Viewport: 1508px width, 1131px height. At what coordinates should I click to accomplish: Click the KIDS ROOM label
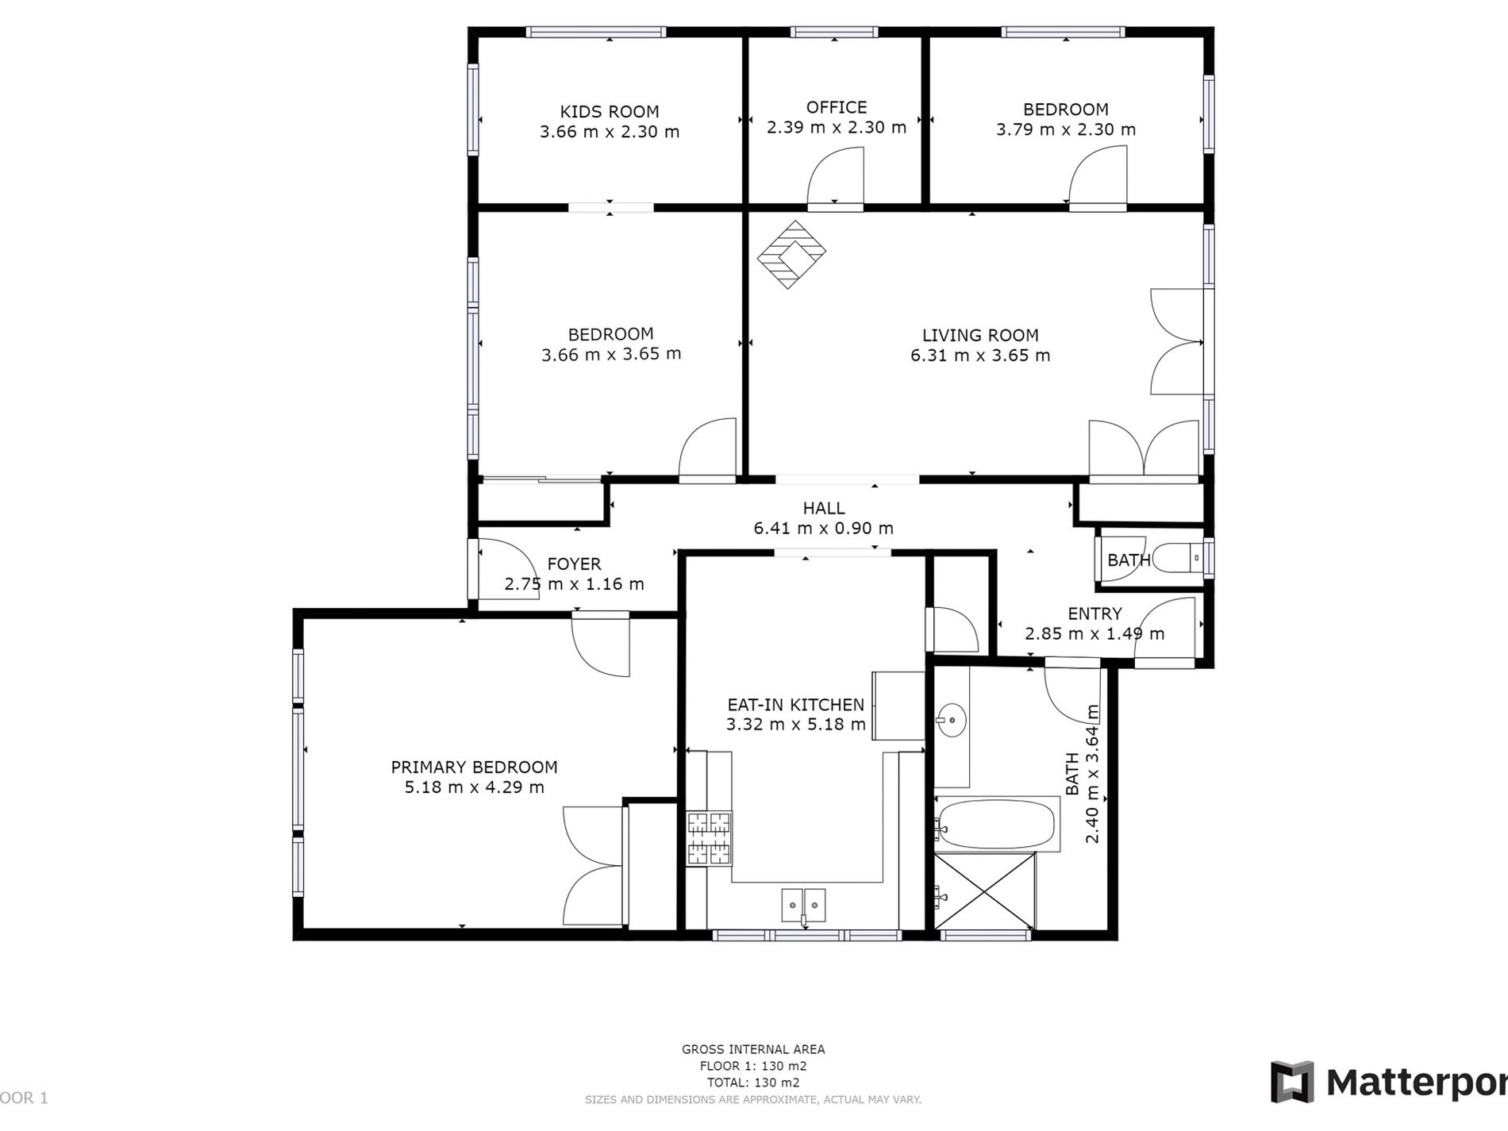pos(610,112)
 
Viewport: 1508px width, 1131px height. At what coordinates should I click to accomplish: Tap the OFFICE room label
pos(837,107)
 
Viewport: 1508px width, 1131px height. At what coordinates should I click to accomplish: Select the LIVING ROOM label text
pos(980,336)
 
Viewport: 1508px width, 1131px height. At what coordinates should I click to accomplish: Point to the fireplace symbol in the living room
pos(791,255)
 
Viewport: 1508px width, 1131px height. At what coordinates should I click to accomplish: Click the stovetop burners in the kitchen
pos(709,838)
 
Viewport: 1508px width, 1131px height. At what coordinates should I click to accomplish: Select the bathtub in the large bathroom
pos(996,824)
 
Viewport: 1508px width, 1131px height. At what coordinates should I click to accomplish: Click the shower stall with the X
pos(985,891)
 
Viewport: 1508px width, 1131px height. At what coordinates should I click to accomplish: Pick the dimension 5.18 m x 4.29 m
pos(475,788)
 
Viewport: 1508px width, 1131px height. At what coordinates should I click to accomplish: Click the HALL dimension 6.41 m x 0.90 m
pos(824,529)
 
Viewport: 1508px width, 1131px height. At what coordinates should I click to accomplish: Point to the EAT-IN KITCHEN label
pos(796,705)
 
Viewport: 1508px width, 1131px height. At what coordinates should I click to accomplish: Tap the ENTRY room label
pos(1095,614)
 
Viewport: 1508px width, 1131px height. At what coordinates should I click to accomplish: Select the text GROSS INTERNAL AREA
pos(753,1049)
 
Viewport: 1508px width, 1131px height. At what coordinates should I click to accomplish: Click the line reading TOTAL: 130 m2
pos(753,1083)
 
